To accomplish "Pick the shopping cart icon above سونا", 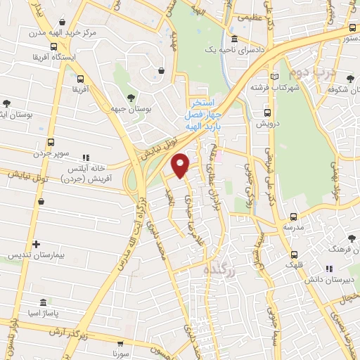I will (x=123, y=345).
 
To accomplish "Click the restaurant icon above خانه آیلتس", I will (x=86, y=157).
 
